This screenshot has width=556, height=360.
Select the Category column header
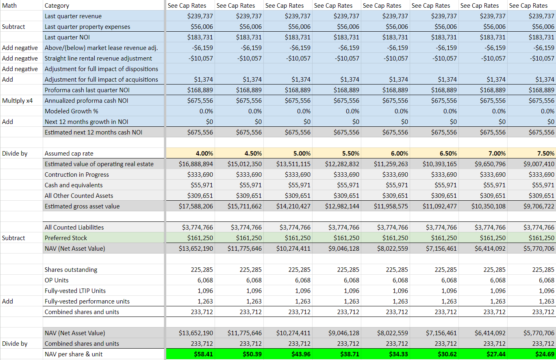coord(57,6)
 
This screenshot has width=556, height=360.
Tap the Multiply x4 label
coord(17,100)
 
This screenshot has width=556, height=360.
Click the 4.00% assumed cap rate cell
coord(203,154)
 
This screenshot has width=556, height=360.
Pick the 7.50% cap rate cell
coord(545,154)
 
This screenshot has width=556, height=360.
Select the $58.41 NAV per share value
coord(203,354)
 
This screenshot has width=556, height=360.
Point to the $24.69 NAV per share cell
coord(545,354)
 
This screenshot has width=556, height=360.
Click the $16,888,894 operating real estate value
coord(196,164)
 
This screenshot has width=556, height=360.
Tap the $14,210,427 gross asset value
coord(293,206)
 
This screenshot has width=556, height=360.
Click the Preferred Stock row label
coord(66,238)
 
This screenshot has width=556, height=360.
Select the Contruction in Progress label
coord(77,175)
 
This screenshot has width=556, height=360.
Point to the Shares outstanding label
coord(71,269)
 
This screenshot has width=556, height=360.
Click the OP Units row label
coord(56,280)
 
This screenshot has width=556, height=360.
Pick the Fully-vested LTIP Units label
coord(75,291)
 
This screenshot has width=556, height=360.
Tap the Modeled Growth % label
coord(72,111)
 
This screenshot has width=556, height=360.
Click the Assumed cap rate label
coord(69,154)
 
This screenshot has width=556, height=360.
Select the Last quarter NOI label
coord(67,37)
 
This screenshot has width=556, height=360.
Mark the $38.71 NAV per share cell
coord(350,354)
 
